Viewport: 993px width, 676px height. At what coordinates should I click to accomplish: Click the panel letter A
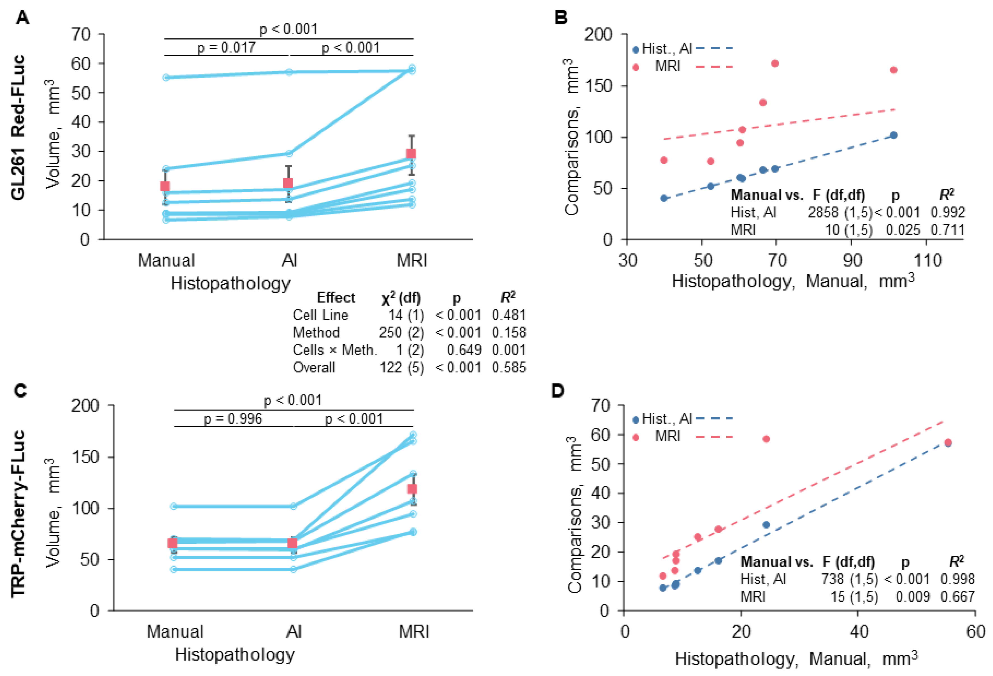click(x=22, y=18)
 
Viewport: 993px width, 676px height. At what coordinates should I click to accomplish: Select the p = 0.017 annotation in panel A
click(x=226, y=47)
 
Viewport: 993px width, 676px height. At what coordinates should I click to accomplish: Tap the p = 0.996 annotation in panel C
click(x=233, y=419)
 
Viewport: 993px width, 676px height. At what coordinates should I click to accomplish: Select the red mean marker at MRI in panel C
click(x=412, y=489)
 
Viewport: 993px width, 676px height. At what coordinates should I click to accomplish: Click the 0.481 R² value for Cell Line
click(x=508, y=315)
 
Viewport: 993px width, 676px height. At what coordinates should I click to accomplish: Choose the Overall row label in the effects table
click(x=314, y=367)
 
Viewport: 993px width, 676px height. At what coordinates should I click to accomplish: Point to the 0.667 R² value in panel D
click(x=957, y=596)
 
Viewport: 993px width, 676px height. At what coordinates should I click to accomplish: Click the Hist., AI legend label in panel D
click(x=667, y=419)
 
